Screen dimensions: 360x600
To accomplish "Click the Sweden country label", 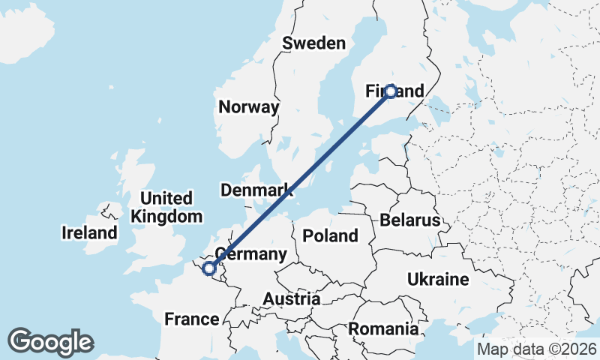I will pos(313,43).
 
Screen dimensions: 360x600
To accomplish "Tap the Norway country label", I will pos(248,107).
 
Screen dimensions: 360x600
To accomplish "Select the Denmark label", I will pos(256,190).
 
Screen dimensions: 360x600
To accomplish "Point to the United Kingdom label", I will pos(166,208).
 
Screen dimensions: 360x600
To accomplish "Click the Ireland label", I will pos(89,232).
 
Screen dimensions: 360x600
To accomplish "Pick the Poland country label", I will pos(330,235).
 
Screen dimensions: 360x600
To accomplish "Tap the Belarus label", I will pos(409,220).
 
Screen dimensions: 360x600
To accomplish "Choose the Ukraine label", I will pos(438,280).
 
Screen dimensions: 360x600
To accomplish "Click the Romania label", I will pos(382,328).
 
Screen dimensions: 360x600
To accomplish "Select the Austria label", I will pos(291,299).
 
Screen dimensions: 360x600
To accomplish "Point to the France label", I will pos(191,319).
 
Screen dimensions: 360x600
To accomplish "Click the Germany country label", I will pos(250,254).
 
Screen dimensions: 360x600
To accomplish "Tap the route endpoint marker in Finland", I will pos(390,91).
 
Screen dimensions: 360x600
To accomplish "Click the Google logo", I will pos(50,342).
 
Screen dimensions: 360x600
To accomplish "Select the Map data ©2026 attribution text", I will pos(536,349).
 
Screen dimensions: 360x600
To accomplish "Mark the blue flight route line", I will pos(300,179).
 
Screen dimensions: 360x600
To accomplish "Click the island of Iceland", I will pos(26,30).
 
